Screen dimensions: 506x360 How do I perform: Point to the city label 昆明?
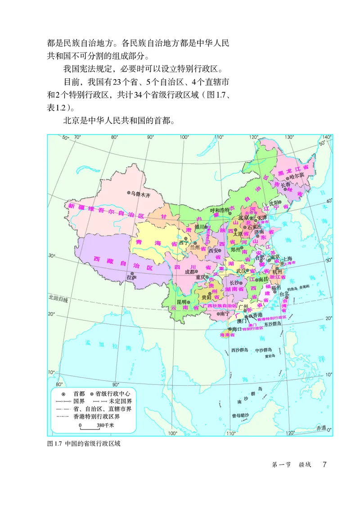181,302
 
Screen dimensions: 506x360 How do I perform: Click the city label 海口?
232,330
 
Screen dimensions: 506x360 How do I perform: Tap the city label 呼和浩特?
220,210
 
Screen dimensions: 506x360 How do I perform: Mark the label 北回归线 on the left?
58,298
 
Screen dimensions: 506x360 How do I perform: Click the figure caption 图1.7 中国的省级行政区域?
84,443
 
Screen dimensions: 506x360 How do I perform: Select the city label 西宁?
184,242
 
